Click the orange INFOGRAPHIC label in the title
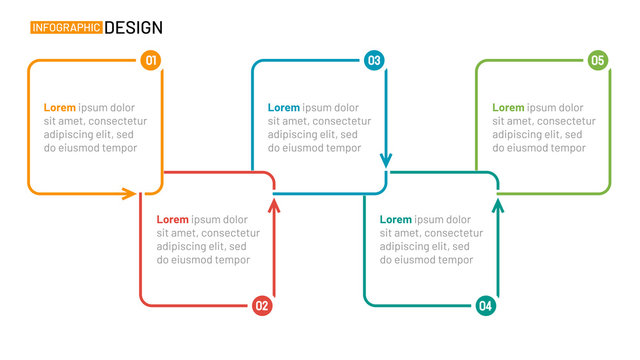pos(66,28)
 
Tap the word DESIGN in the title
pos(133,28)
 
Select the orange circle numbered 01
pos(151,61)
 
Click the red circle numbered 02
pos(262,306)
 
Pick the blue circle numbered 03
pos(374,61)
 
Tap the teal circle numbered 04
pos(486,306)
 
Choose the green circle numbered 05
pos(598,61)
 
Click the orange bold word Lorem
pos(60,108)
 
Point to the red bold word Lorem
pos(172,220)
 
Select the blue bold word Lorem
pos(284,108)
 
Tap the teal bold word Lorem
pos(396,220)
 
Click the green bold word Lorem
pos(508,108)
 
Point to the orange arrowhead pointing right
pos(130,193)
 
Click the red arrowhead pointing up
pos(274,204)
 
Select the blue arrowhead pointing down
pos(386,160)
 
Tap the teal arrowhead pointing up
pos(498,204)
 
